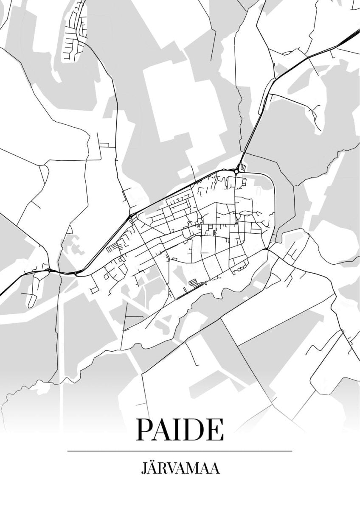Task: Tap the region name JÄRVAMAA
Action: click(180, 469)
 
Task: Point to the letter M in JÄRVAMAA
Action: click(193, 469)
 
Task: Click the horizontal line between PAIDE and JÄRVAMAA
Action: click(180, 451)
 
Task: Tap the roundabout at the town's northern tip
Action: click(236, 171)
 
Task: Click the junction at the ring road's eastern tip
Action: click(266, 249)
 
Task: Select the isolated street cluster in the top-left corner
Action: click(74, 32)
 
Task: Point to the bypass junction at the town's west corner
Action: click(131, 216)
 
